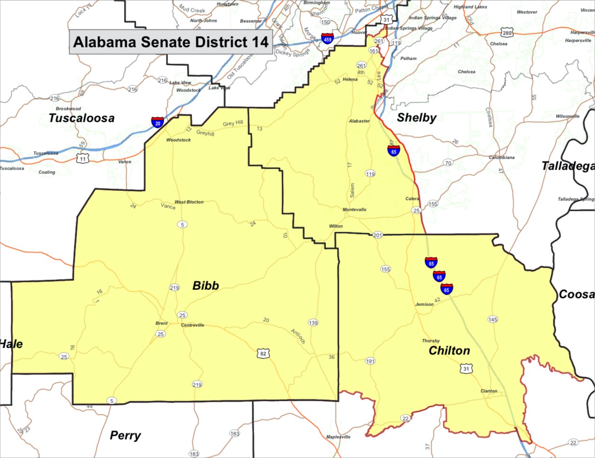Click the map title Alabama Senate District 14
click(x=171, y=42)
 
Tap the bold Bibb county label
click(x=205, y=286)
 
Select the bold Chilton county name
click(x=449, y=350)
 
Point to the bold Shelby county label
click(x=417, y=117)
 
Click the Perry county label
click(x=125, y=435)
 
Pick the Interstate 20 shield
click(x=158, y=122)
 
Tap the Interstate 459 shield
click(x=327, y=39)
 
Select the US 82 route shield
click(x=263, y=353)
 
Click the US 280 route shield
click(x=507, y=33)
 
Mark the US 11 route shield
click(x=83, y=158)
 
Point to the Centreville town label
click(x=193, y=325)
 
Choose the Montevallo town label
click(x=355, y=209)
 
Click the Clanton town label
click(x=488, y=391)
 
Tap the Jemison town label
click(x=424, y=305)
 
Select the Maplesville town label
click(x=338, y=437)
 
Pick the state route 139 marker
click(x=313, y=323)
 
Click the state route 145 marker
click(x=493, y=319)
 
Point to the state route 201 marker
click(x=377, y=235)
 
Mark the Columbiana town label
click(x=501, y=157)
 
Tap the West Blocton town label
click(x=189, y=202)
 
